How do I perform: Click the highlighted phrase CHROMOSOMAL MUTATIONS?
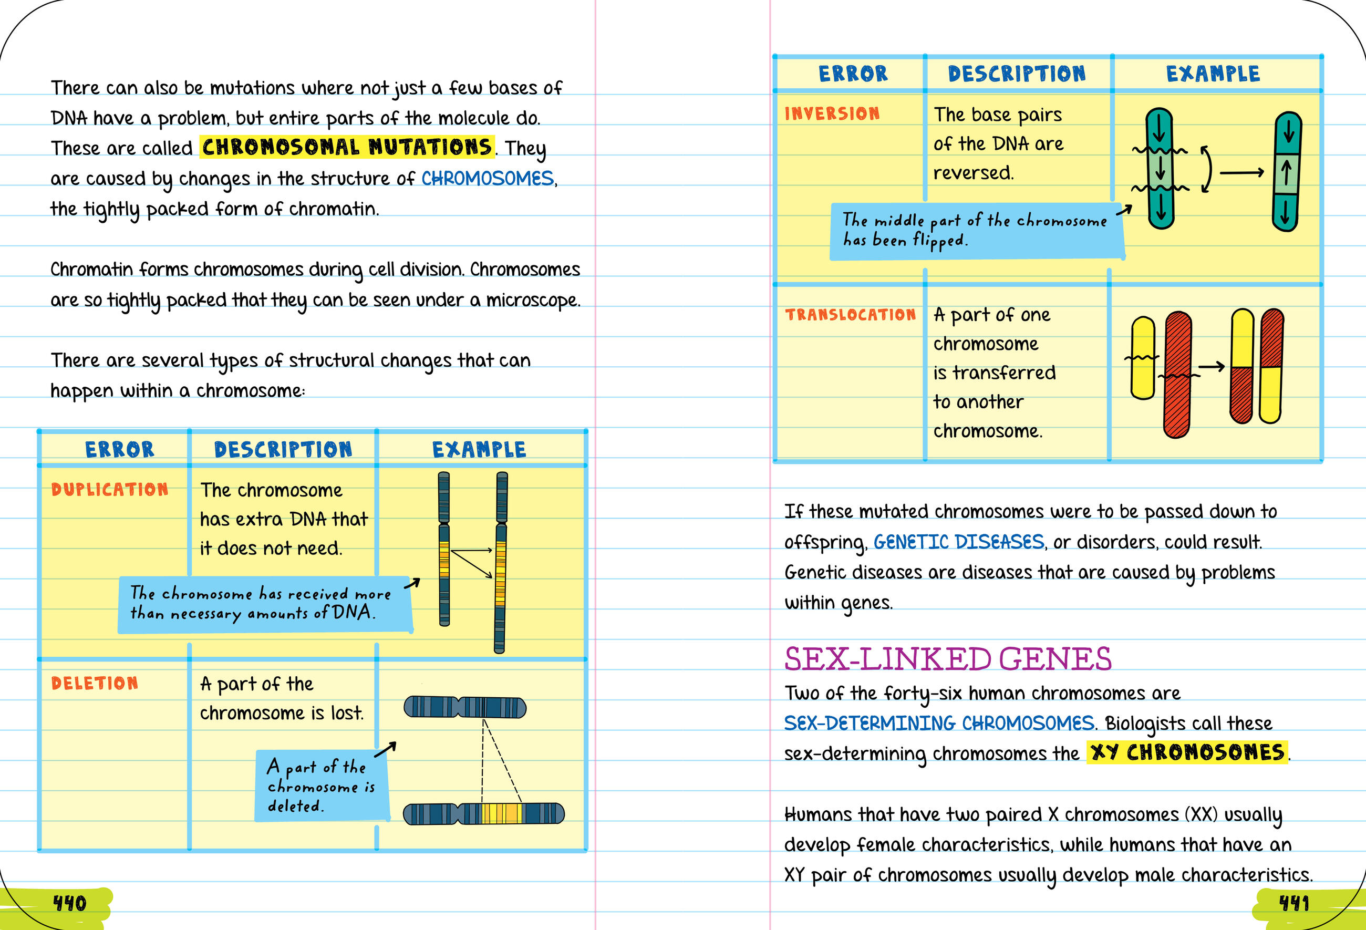[347, 147]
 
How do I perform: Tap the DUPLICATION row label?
[110, 489]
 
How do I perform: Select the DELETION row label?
[95, 683]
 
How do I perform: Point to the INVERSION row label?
[832, 113]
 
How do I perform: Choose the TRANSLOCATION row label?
[851, 315]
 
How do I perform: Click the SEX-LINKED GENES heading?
[947, 659]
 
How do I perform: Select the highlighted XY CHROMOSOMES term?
[1187, 752]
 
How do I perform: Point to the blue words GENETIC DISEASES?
[958, 541]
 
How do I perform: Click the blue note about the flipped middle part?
[976, 231]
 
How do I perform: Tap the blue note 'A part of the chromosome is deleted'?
[321, 786]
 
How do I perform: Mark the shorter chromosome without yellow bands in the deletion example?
[464, 707]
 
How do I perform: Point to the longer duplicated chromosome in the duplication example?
[501, 563]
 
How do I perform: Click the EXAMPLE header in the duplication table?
[479, 450]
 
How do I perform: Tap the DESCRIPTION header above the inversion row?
[1016, 74]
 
